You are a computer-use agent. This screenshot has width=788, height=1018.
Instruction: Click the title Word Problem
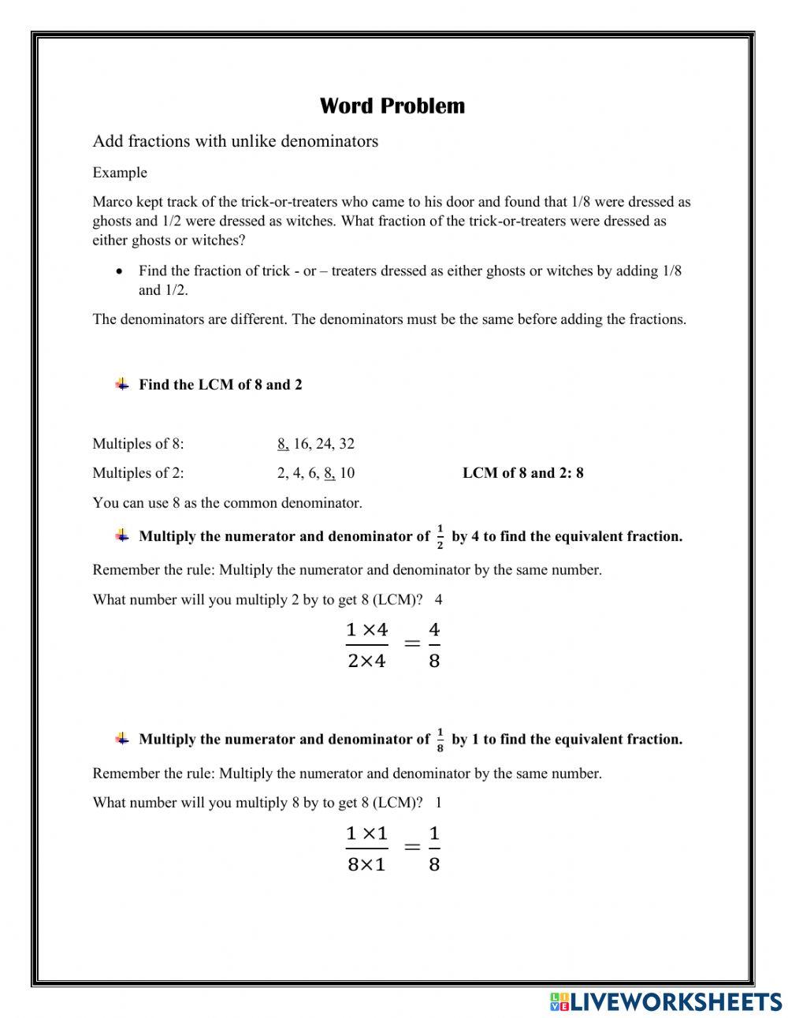[x=392, y=106]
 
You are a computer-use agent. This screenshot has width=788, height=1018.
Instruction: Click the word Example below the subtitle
[x=120, y=173]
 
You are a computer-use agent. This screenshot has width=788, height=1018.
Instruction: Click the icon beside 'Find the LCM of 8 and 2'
[x=122, y=385]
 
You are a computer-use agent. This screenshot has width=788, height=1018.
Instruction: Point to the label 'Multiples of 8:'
[x=138, y=444]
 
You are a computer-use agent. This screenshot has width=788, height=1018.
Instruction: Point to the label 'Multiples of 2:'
[x=138, y=473]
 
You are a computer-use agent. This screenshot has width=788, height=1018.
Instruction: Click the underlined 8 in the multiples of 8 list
[x=283, y=444]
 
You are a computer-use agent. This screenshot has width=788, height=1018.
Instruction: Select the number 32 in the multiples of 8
[x=347, y=444]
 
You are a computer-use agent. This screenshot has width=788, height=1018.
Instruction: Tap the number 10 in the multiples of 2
[x=347, y=473]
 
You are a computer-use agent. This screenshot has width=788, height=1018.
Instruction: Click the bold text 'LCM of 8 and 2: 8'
[x=522, y=473]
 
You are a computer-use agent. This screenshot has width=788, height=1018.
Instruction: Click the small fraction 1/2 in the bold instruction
[x=440, y=536]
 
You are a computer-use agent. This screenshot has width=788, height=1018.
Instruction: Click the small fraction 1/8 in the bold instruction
[x=440, y=740]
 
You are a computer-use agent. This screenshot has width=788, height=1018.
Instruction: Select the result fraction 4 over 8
[x=434, y=645]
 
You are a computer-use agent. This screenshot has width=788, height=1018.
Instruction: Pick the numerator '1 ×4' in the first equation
[x=367, y=630]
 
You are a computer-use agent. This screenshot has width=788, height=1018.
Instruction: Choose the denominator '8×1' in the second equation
[x=367, y=864]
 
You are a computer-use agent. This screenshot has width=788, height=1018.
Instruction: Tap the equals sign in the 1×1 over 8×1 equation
[x=411, y=847]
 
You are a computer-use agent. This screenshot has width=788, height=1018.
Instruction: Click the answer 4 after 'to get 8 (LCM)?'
[x=439, y=600]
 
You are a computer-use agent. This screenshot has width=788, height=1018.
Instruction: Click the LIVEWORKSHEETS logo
[x=665, y=1001]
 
